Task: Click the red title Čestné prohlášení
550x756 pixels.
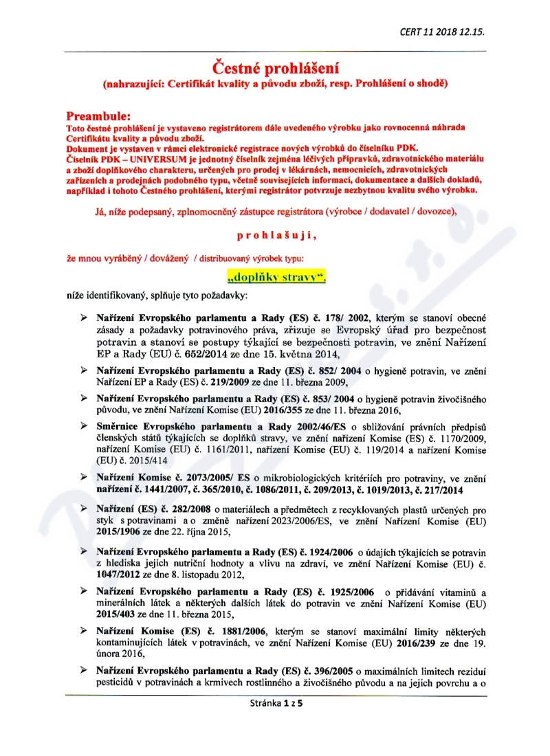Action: pos(274,67)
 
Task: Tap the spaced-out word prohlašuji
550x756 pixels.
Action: pos(276,235)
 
